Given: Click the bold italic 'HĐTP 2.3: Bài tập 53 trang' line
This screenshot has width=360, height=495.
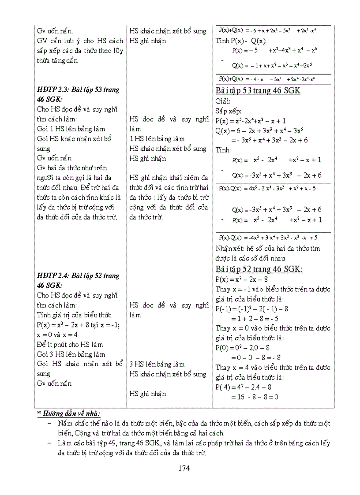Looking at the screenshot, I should click(x=78, y=90).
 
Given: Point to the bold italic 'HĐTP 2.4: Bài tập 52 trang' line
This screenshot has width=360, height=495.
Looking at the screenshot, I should click(x=78, y=276).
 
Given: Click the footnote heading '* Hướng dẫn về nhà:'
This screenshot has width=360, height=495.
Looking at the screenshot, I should click(x=68, y=413).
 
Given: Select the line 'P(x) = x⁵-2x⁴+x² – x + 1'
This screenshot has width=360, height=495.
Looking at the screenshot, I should click(x=251, y=120).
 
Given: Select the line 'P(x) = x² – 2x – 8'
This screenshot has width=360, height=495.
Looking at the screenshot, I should click(x=242, y=279).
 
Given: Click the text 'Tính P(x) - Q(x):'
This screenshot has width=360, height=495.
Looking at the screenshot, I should click(x=240, y=41).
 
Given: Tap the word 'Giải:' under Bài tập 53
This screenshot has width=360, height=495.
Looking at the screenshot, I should click(x=224, y=101).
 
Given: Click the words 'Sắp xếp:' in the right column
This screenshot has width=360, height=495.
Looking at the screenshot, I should click(x=229, y=111).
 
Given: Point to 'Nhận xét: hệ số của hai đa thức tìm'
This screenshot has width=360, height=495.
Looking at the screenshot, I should click(x=268, y=249).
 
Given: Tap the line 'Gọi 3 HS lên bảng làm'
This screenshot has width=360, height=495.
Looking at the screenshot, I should click(x=71, y=354).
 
